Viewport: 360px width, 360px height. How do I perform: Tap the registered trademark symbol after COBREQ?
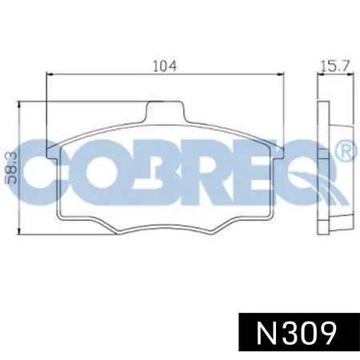click(x=346, y=150)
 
